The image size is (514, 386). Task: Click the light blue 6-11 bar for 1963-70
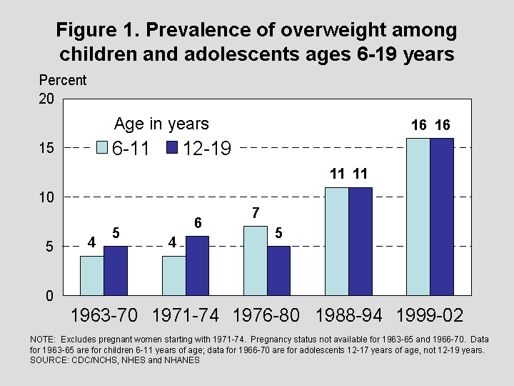(x=91, y=275)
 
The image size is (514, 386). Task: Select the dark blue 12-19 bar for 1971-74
(x=198, y=266)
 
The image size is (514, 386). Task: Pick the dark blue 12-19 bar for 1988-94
(x=361, y=242)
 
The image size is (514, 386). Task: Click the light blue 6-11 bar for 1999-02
(x=418, y=217)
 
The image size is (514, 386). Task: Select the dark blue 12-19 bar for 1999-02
(x=442, y=217)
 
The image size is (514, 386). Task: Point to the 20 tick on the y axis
(x=46, y=99)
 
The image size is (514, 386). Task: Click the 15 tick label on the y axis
(x=46, y=148)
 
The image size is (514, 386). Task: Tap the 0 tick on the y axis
(x=50, y=295)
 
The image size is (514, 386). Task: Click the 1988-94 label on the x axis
(x=349, y=315)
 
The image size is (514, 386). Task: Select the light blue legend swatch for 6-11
(x=102, y=148)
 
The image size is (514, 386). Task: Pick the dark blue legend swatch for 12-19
(x=172, y=148)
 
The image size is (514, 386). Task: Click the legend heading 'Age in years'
(x=161, y=124)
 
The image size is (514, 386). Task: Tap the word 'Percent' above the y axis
(x=63, y=80)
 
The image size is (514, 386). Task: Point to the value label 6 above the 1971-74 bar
(x=198, y=223)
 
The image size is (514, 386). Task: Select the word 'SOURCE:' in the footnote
(x=45, y=361)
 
